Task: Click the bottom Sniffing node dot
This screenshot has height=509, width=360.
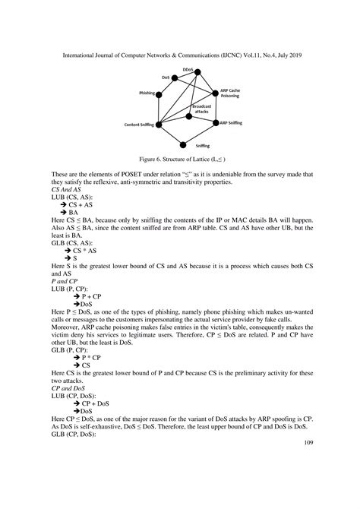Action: (x=203, y=142)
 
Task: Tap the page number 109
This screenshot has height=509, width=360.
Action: (x=309, y=442)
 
